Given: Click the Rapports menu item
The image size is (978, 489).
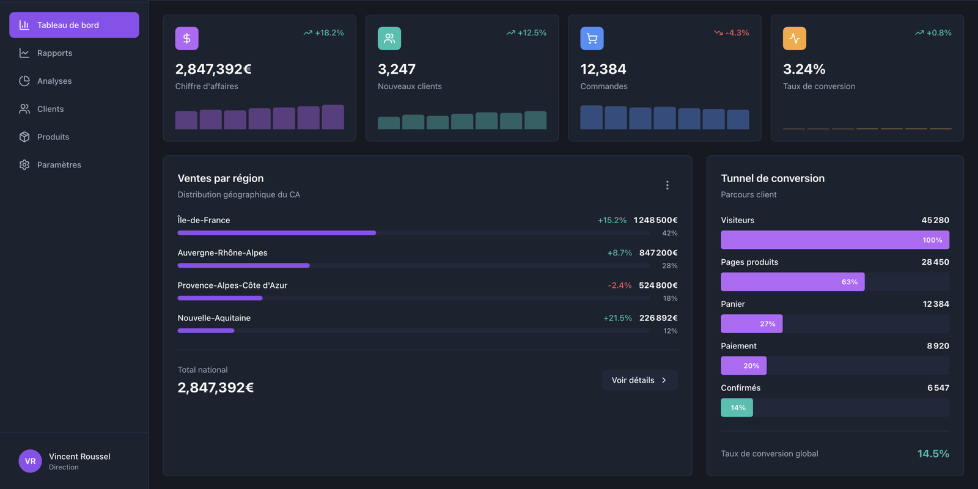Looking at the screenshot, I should pos(54,53).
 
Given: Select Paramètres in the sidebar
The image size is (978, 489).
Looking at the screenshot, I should pos(59,165).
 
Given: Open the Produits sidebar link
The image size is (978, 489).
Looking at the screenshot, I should pos(53,137).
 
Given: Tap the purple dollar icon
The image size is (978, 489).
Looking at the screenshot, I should pos(186,39).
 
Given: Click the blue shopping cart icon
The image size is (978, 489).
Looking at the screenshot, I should pos(592,39).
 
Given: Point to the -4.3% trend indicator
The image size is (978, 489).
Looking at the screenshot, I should pos(732,33).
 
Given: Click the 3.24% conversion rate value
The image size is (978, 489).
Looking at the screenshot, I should pos(804,69).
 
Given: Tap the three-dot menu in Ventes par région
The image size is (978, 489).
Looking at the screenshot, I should pos(667,185).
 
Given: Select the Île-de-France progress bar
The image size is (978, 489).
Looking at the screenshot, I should pos(276,233).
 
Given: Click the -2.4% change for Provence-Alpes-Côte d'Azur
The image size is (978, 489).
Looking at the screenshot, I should pos(619,285).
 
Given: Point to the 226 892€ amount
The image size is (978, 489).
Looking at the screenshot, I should pos(658,318).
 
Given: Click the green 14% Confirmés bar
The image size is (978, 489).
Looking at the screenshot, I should pos(737,408).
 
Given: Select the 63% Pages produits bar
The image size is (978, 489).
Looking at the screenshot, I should pos(792,282).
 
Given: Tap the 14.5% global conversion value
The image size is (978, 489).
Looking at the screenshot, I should pos(933,454).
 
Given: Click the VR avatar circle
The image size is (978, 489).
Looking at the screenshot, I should pos(30,461).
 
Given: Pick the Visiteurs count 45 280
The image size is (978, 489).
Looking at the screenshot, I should pos(935,220).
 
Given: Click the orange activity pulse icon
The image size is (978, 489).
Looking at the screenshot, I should pos(794,39).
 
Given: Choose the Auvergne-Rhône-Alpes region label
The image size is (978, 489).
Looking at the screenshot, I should pos(222,253).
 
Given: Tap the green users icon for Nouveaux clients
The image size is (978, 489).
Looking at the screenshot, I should pos(389,39).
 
